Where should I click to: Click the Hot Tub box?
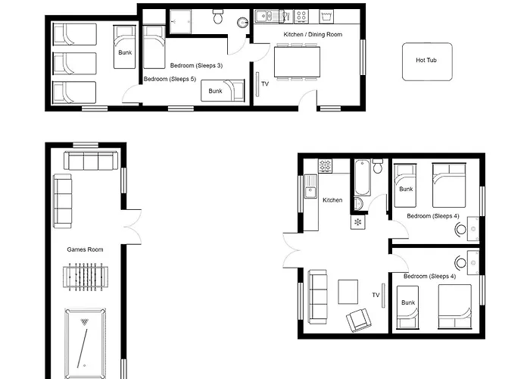coord(426,60)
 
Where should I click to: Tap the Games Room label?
coord(85,249)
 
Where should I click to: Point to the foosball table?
coord(83,277)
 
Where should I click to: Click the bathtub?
coord(361,177)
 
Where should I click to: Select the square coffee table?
coord(348,290)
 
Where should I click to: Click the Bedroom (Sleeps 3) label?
coord(195,66)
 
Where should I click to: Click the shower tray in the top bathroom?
coord(181,20)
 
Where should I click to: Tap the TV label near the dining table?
coord(265,83)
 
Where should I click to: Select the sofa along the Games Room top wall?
coord(90,161)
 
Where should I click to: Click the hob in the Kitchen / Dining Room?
coord(301,15)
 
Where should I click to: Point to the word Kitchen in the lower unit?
coord(332,200)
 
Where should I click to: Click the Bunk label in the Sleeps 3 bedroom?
coord(216,91)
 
